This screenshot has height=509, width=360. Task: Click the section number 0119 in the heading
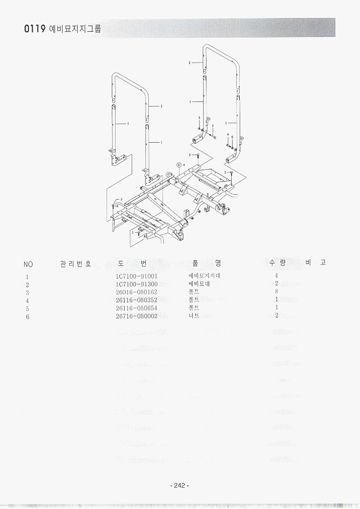pos(34,29)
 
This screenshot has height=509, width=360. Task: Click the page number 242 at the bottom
pos(179,485)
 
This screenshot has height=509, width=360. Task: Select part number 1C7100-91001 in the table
pos(136,276)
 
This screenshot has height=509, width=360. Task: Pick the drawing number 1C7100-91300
pos(136,284)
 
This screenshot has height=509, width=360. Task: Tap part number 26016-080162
pos(136,292)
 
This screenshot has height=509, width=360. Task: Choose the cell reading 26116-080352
pos(136,300)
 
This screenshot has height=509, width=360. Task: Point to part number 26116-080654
pos(136,308)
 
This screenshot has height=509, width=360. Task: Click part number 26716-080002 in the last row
pos(136,316)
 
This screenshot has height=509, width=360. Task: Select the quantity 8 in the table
pos(277,291)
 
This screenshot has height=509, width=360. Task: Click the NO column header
pos(28,264)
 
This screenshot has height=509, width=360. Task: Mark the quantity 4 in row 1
pos(277,275)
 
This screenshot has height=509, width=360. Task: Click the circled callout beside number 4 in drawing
pos(179,164)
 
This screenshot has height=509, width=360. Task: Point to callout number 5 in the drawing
pos(213,126)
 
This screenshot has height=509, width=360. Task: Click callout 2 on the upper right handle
pos(189,63)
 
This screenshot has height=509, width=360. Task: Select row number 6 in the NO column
pos(27,317)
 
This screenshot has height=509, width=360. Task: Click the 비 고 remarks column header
pos(315,262)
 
